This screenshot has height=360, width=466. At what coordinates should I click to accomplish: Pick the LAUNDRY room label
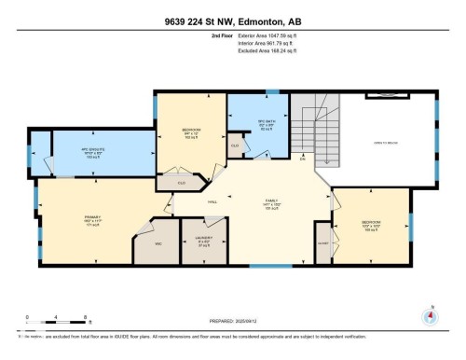204,237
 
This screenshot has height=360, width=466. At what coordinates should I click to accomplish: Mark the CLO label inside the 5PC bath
235,145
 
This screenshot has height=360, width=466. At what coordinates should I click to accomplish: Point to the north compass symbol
431,315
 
